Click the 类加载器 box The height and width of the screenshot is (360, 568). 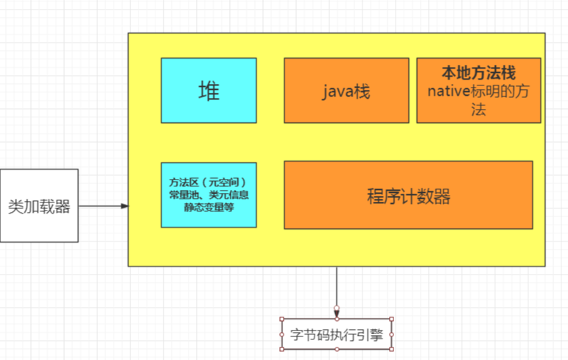coord(39,205)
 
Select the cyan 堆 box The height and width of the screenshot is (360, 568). coord(208,91)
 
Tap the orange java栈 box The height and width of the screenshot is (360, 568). coord(346,91)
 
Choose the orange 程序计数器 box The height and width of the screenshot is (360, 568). coord(408,195)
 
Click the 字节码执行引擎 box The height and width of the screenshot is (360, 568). coord(337,334)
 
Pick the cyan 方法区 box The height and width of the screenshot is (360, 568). coord(208,195)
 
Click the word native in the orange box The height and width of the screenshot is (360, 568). coord(448,91)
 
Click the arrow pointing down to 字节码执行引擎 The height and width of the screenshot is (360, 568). coord(337,291)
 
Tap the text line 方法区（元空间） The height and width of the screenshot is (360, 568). coord(208,182)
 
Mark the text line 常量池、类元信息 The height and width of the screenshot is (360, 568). coord(208,194)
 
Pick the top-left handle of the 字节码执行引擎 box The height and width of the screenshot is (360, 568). coord(282,319)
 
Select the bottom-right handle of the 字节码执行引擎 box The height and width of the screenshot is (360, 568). coord(392,350)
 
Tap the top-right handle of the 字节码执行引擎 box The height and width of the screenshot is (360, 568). coord(392,319)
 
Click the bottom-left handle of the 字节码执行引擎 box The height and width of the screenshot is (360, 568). coord(282,350)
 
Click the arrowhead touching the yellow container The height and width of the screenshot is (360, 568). coord(125,205)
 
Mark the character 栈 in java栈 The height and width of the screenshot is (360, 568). coord(360,91)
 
